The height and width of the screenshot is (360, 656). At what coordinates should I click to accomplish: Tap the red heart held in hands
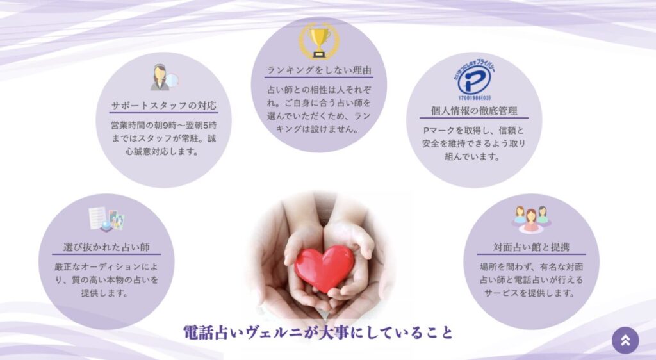(324, 268)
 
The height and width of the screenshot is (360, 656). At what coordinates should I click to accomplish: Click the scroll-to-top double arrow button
(625, 340)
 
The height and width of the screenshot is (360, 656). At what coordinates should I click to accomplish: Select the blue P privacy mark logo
(474, 79)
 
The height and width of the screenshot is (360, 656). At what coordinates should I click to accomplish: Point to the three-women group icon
(531, 218)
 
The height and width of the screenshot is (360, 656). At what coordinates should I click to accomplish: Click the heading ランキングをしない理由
(319, 70)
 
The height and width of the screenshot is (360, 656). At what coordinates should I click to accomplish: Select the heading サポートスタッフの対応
(163, 105)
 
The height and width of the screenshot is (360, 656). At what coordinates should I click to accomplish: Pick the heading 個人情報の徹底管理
(474, 111)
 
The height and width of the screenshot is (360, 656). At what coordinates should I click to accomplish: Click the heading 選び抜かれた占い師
(106, 247)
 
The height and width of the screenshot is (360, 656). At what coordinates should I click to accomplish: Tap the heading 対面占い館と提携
(531, 247)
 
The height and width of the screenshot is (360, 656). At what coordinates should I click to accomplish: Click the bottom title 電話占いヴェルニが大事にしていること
(318, 332)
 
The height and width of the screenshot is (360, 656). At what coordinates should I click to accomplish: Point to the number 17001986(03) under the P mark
(474, 98)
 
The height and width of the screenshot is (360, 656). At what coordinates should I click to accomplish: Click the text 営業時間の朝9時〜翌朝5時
(163, 126)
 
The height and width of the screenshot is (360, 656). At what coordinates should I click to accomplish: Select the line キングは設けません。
(318, 129)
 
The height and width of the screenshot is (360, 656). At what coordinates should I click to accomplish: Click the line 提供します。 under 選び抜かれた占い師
(105, 293)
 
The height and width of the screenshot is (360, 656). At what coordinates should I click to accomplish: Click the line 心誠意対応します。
(162, 152)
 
